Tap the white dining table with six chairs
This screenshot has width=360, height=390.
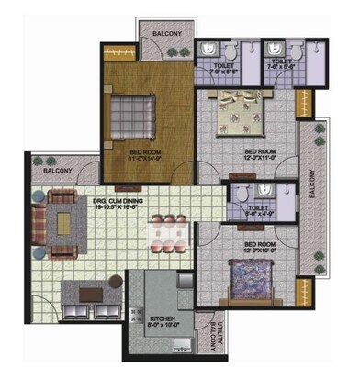coord(167,233)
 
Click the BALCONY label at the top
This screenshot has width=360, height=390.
coord(166,35)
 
